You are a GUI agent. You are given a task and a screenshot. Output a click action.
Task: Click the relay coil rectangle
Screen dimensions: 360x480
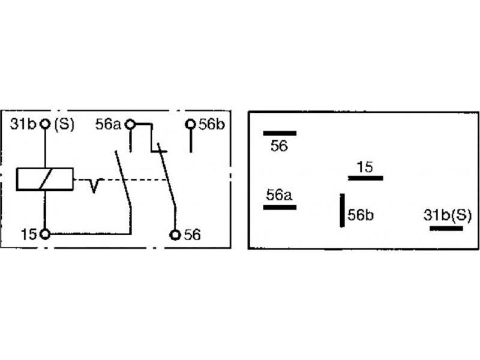(44, 179)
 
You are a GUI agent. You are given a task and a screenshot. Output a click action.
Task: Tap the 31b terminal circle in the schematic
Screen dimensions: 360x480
(44, 124)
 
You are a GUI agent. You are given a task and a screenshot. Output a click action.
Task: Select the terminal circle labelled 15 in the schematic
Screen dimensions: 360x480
(44, 233)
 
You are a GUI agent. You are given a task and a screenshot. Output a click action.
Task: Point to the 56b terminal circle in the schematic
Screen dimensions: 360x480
(191, 124)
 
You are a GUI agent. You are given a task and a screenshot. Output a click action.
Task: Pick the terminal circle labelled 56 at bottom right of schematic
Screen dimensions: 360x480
(175, 234)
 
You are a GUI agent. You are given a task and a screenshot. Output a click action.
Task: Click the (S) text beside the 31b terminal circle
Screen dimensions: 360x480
(64, 125)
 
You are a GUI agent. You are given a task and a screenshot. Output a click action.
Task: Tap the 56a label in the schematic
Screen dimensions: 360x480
(109, 125)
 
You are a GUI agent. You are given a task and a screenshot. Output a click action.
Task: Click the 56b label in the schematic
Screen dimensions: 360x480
(212, 125)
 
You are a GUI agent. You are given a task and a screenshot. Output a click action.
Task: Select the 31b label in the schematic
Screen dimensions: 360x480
(23, 125)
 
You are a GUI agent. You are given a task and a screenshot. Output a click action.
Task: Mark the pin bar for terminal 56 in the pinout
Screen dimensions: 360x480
(280, 133)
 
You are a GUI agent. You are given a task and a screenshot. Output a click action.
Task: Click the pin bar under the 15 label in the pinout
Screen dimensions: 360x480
(365, 178)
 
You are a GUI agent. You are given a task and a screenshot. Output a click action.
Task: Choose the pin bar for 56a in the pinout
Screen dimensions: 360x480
(280, 208)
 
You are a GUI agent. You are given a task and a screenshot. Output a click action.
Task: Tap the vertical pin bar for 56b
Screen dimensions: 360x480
(343, 209)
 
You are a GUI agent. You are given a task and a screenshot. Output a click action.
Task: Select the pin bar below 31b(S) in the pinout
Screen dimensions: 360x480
(446, 228)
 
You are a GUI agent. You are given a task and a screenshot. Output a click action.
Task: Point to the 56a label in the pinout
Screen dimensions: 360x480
(279, 195)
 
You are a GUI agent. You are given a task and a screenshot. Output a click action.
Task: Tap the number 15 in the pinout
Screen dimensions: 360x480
(365, 167)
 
